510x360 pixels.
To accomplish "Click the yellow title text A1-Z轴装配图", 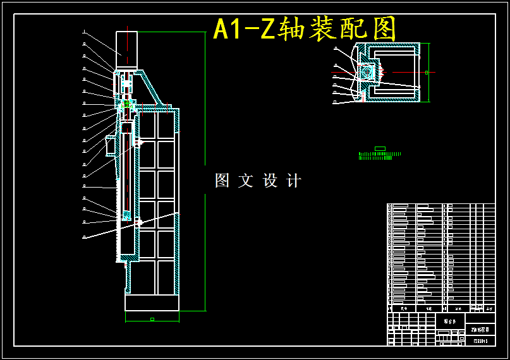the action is point(305,29).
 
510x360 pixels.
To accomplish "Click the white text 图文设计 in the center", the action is point(258,181).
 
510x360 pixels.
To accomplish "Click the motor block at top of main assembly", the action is point(126,49).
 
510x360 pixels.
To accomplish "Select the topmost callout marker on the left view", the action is point(84,32).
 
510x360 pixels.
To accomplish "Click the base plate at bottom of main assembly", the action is point(152,303).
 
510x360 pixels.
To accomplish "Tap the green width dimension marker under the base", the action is point(152,319).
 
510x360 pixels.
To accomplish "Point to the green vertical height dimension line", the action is point(205,171).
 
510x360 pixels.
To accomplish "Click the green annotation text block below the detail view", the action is point(379,155).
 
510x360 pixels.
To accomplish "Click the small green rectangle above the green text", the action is point(380,148).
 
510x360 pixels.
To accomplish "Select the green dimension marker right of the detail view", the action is point(427,73).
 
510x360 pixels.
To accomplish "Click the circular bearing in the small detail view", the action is point(366,72).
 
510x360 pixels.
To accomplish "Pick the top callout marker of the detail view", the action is point(336,48).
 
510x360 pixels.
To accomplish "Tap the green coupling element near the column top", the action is point(127,103).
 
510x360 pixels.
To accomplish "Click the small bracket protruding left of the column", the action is point(111,145).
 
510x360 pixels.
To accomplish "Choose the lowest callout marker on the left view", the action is point(84,237).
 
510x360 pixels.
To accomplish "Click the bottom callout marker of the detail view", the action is point(336,102).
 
